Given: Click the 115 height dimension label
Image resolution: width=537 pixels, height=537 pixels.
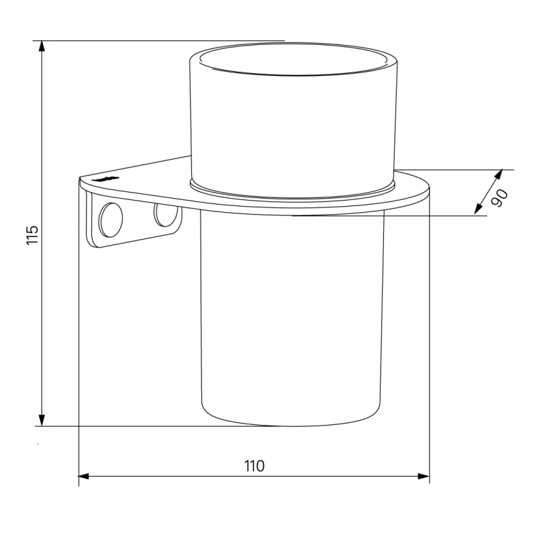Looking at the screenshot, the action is pyautogui.click(x=32, y=235).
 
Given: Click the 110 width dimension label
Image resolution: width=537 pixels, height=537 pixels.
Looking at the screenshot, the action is pyautogui.click(x=254, y=466).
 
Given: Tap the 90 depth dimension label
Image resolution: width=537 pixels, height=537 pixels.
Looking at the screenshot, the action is pyautogui.click(x=499, y=198).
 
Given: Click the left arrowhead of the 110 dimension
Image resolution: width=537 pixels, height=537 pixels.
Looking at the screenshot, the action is pyautogui.click(x=85, y=476).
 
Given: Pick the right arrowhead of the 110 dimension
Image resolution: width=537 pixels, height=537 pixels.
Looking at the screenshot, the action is pyautogui.click(x=424, y=476).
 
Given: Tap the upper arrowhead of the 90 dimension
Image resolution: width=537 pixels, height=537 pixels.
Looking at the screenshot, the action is pyautogui.click(x=499, y=174).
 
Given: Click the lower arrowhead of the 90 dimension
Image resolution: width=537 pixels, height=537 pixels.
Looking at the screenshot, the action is pyautogui.click(x=478, y=209).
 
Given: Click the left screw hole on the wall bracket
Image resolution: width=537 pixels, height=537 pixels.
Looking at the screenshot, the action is pyautogui.click(x=110, y=220).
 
